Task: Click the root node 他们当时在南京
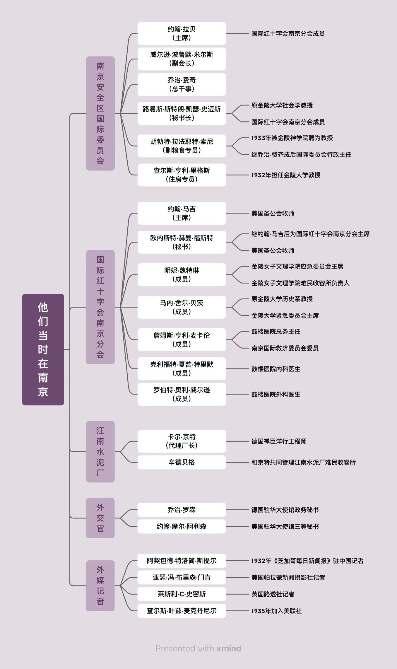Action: click(x=43, y=349)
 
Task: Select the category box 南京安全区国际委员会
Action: click(x=100, y=113)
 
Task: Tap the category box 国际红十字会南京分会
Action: click(x=100, y=307)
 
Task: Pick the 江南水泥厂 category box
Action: click(x=100, y=451)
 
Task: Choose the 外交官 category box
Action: click(x=100, y=518)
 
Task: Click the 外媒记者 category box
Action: click(x=100, y=586)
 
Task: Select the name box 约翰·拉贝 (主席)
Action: click(x=182, y=33)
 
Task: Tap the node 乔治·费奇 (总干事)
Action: click(x=182, y=84)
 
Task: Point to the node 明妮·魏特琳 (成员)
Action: click(x=182, y=275)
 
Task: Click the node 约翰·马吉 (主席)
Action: click(x=182, y=213)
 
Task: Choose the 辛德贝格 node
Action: click(x=182, y=462)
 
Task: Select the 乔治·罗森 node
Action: click(x=182, y=510)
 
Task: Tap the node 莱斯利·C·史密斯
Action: click(x=182, y=594)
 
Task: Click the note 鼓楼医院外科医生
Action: click(x=276, y=394)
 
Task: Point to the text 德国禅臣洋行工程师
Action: click(x=279, y=441)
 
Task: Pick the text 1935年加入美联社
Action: click(x=276, y=611)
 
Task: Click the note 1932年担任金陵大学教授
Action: click(x=286, y=175)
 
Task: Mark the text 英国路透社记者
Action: click(x=273, y=594)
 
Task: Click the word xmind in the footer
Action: click(x=229, y=648)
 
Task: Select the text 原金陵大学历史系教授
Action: click(x=282, y=299)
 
